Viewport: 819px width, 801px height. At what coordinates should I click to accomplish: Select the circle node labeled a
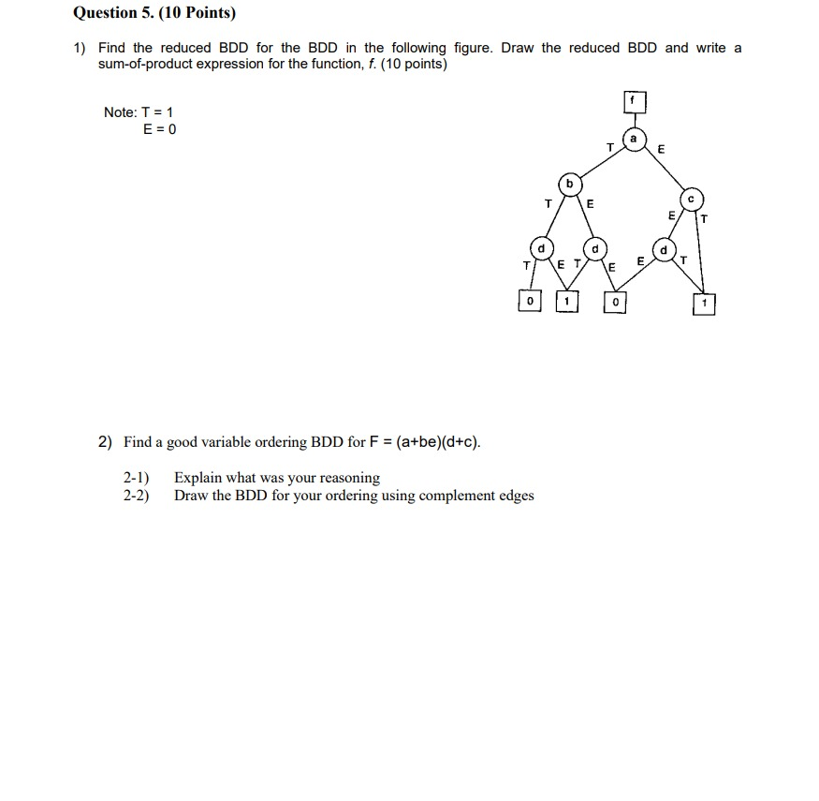point(635,139)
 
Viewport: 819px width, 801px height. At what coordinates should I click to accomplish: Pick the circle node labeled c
point(691,199)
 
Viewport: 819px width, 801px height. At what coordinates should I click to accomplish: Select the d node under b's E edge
point(595,249)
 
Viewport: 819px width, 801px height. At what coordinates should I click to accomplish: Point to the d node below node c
point(664,250)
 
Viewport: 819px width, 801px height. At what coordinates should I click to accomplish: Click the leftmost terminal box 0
point(530,301)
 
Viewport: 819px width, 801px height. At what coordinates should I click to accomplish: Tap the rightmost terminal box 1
point(704,304)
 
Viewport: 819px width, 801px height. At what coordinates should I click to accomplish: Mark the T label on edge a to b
point(609,147)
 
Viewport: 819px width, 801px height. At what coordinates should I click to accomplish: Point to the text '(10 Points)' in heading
point(197,13)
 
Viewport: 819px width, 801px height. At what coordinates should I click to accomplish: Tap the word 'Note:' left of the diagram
point(121,112)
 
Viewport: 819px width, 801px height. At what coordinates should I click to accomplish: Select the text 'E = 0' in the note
point(159,129)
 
